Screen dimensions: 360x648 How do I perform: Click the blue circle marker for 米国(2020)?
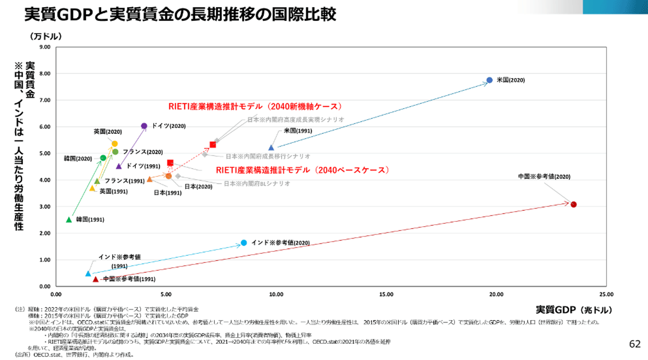(489, 80)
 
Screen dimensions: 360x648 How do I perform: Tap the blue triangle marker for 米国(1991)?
(271, 148)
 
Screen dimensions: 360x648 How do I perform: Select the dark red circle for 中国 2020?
(574, 204)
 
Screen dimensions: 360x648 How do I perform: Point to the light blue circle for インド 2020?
(244, 242)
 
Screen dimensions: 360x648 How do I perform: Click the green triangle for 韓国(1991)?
(69, 220)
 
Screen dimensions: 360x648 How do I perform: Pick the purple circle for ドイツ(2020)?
(144, 126)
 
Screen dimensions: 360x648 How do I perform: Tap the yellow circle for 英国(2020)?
(114, 143)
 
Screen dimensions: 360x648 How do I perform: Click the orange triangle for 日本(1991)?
(150, 179)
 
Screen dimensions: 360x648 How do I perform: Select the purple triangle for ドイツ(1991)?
(119, 166)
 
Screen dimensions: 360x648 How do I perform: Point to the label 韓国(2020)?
(78, 158)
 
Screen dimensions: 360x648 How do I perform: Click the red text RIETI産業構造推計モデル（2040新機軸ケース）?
(255, 106)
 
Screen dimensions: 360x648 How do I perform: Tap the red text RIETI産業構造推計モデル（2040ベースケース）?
(303, 170)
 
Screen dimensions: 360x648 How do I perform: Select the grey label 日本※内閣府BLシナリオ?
(257, 183)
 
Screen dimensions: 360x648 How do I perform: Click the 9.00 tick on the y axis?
(44, 47)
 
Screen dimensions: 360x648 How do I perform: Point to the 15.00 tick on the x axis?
(386, 294)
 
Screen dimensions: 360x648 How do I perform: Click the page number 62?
(635, 344)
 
